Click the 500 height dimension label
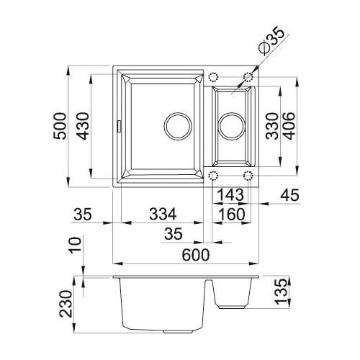60,126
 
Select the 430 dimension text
83,126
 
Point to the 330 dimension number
272,126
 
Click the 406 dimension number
288,126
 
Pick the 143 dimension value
230,194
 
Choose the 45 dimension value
290,194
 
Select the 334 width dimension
163,214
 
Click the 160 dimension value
232,215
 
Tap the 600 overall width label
196,255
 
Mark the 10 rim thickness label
75,245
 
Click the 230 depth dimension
66,304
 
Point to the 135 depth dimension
281,292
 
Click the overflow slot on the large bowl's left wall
118,126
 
